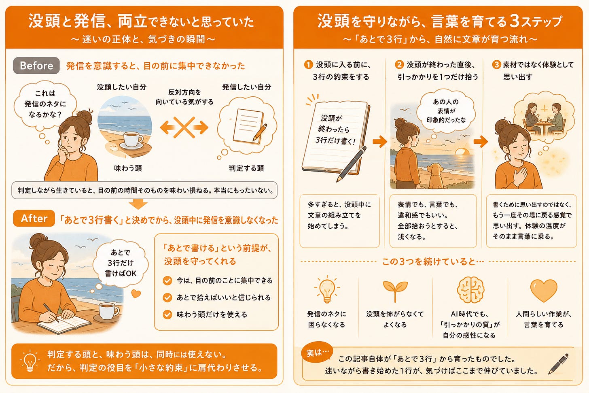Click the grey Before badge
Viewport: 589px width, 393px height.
(36, 66)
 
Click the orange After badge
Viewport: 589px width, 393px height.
(34, 218)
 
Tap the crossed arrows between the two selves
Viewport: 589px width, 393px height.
(184, 127)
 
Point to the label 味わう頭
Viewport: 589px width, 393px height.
(128, 168)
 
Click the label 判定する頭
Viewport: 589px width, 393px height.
(246, 168)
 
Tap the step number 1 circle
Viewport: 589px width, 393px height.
(308, 64)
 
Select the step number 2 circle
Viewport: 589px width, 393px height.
(399, 64)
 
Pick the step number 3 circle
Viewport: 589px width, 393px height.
(496, 64)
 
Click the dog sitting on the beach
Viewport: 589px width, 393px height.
(436, 176)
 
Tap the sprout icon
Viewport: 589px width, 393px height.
(395, 291)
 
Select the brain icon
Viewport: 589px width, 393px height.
(470, 290)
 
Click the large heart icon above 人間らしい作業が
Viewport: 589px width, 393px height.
(544, 291)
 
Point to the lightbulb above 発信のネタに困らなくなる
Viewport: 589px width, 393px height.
(327, 289)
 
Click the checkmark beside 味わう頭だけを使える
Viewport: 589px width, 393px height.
(167, 314)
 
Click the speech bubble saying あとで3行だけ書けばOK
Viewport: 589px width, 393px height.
(121, 263)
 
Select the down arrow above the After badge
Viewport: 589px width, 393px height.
(138, 204)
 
